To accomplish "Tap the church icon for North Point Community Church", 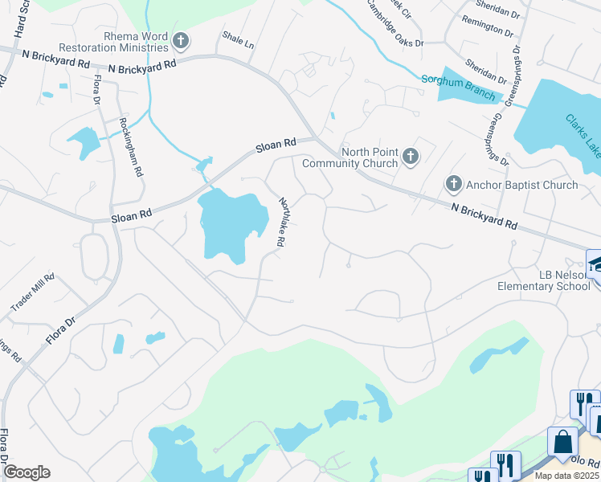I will coord(411,157).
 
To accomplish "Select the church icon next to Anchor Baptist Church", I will coord(454,185).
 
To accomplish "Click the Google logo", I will coord(26,472).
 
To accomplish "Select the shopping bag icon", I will coord(562,441).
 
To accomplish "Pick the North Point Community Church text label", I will coord(350,157).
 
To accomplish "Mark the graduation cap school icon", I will coord(595,263).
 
